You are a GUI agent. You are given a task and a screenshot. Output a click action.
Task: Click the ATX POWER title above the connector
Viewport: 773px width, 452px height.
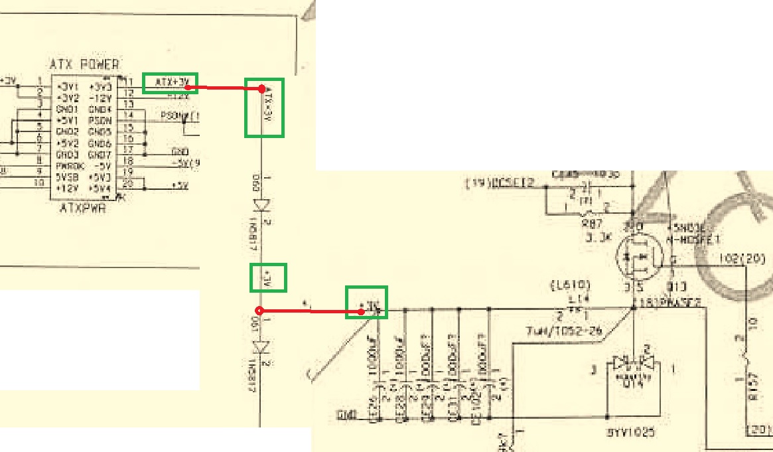pyautogui.click(x=84, y=64)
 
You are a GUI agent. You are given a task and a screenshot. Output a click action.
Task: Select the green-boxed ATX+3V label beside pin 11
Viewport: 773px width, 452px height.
pyautogui.click(x=171, y=82)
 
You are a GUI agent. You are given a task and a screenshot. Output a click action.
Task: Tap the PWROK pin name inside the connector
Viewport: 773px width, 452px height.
pyautogui.click(x=68, y=166)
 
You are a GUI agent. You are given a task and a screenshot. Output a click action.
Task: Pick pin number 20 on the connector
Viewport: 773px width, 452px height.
pyautogui.click(x=128, y=184)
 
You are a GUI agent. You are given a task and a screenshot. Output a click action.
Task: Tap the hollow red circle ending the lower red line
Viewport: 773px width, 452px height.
pyautogui.click(x=259, y=311)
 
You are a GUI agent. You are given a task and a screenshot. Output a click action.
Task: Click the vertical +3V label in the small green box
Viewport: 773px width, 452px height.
pyautogui.click(x=268, y=277)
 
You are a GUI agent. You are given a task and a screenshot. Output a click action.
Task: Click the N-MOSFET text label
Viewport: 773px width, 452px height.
pyautogui.click(x=696, y=239)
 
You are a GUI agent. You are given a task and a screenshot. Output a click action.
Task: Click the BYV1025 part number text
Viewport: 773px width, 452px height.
pyautogui.click(x=631, y=432)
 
